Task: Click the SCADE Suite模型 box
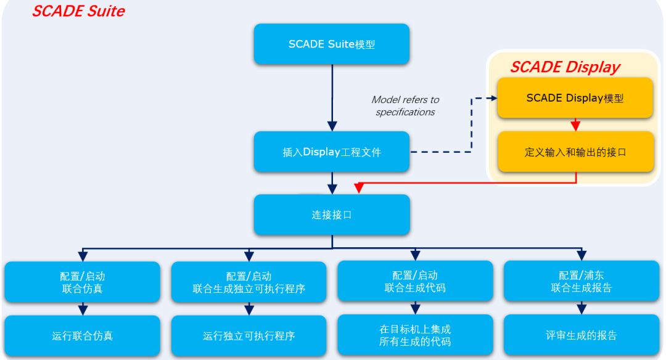(x=332, y=44)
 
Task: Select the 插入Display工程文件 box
(x=332, y=152)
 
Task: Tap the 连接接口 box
(x=332, y=215)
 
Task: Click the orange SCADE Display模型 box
(x=575, y=98)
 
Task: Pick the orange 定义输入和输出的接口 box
(x=575, y=152)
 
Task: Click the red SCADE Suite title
(x=78, y=11)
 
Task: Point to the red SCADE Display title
(x=564, y=67)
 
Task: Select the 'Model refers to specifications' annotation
(x=405, y=106)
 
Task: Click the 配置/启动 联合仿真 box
(x=83, y=282)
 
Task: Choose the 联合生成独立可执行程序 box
(x=249, y=282)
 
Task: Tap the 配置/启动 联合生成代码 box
(x=415, y=281)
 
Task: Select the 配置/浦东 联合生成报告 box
(x=581, y=281)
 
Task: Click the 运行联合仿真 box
(x=83, y=336)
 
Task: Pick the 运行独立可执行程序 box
(x=249, y=336)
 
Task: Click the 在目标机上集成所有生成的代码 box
(x=415, y=335)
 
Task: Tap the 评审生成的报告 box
(x=581, y=335)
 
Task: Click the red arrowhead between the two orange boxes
(x=575, y=126)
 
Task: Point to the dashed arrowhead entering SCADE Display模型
(x=493, y=98)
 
